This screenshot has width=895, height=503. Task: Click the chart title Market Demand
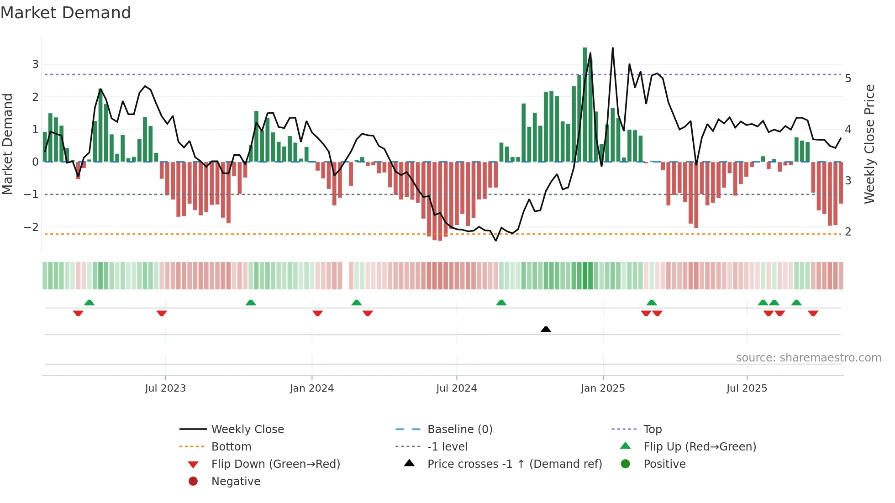point(66,13)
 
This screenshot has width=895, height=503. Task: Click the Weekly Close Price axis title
point(869,144)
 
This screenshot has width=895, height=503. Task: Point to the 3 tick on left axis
point(35,64)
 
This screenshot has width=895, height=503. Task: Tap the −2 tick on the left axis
point(32,227)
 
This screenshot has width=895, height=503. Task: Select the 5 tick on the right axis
point(848,79)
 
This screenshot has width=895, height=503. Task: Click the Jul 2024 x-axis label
point(456,388)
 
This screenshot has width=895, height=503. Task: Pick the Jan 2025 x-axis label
point(602,388)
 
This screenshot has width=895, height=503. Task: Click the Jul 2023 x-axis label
point(165,388)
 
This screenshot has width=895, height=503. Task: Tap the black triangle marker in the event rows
point(546,329)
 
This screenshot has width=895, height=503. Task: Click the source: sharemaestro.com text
point(808,358)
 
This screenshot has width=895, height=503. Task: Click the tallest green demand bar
point(585,105)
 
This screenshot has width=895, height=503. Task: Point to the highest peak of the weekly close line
point(612,48)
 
